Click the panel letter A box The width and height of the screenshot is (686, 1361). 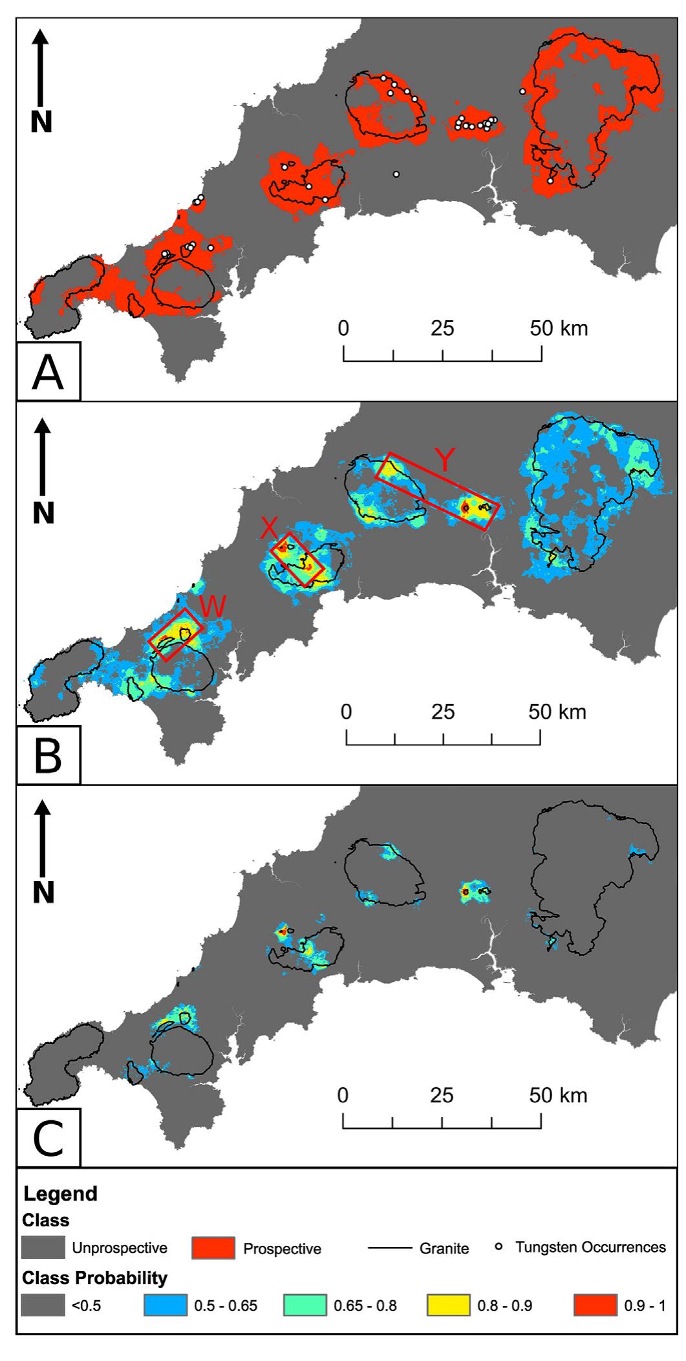click(x=48, y=372)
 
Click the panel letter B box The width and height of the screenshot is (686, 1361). click(x=48, y=755)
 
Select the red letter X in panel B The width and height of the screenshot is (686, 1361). click(x=269, y=528)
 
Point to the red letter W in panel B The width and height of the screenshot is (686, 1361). click(x=213, y=607)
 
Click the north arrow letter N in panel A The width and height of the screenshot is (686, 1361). click(x=41, y=122)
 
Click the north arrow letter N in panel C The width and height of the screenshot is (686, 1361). click(x=43, y=893)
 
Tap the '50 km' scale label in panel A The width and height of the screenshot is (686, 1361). click(x=559, y=328)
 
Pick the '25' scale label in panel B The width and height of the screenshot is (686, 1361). click(x=443, y=712)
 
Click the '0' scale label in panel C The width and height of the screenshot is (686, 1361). click(x=343, y=1095)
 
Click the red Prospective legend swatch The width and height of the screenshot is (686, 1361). click(x=213, y=1248)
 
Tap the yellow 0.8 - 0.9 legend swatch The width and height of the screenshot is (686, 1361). click(x=448, y=1306)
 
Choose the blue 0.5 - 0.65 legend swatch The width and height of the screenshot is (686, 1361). click(x=166, y=1306)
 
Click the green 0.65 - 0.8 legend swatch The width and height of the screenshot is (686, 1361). click(x=305, y=1306)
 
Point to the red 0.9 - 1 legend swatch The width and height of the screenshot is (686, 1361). click(x=595, y=1306)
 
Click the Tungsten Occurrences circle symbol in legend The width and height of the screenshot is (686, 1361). click(x=499, y=1246)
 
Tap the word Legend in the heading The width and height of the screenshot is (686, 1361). click(x=60, y=1193)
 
